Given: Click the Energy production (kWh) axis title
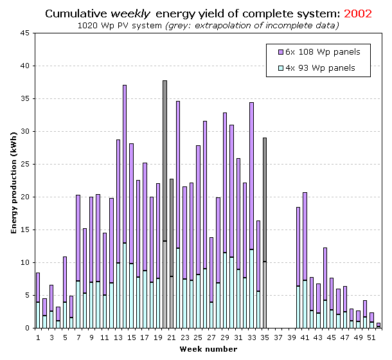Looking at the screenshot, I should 13,181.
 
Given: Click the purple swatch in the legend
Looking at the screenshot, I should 280,51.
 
